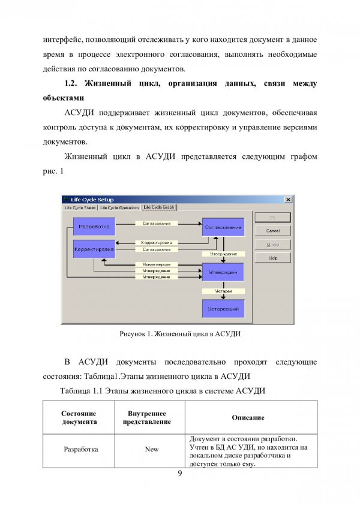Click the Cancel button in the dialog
pos(272,231)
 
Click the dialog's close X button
pos(288,200)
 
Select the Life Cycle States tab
pos(80,207)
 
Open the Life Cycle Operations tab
pos(119,207)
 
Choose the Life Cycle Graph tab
pos(160,207)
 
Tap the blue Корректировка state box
pos(94,249)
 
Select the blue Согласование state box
pos(223,227)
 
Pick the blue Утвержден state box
pos(223,272)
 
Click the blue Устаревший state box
pos(223,309)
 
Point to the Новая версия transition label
pos(156,264)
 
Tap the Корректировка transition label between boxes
pos(156,243)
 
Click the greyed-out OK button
pos(272,218)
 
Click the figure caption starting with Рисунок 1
pos(180,333)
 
